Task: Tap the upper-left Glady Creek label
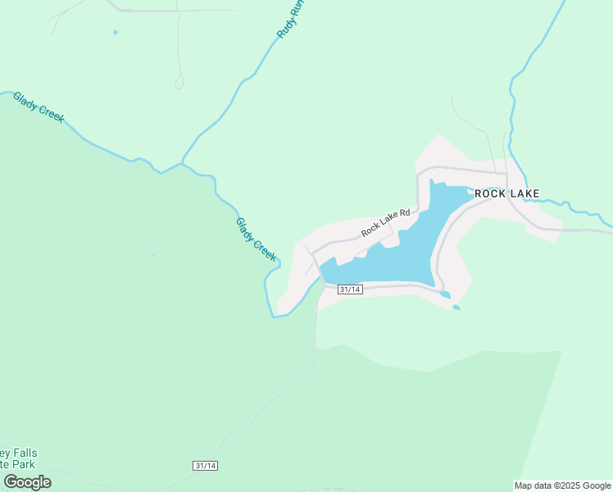[38, 107]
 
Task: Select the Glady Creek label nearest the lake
[256, 239]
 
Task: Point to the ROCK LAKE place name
[507, 194]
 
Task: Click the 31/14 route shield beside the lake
[350, 289]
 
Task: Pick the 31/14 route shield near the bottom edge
[206, 466]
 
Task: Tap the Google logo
[27, 482]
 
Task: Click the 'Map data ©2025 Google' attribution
[562, 485]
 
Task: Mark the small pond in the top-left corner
[115, 33]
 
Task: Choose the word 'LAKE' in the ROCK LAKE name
[524, 194]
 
